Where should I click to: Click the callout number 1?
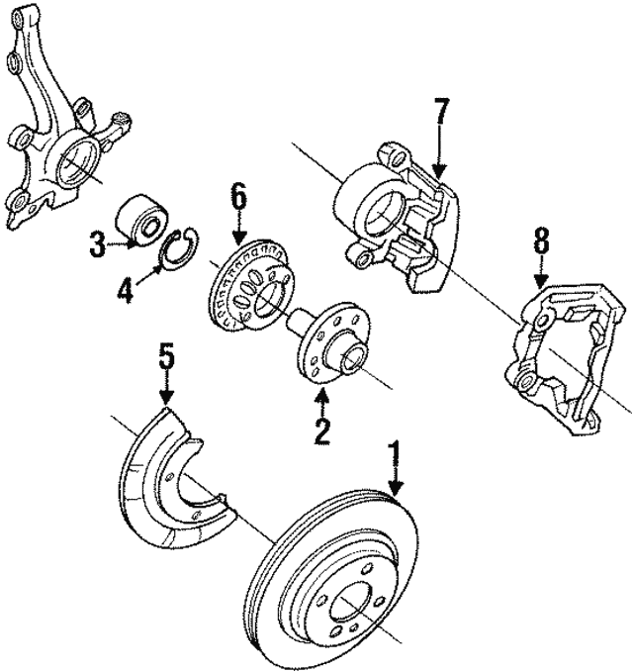click(x=396, y=458)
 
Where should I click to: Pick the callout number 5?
click(x=166, y=355)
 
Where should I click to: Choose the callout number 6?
click(x=237, y=196)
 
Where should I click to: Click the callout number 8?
click(x=541, y=241)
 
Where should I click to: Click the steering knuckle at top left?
click(x=54, y=129)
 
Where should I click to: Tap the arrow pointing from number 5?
click(x=166, y=388)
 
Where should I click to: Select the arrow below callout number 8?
click(x=541, y=272)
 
